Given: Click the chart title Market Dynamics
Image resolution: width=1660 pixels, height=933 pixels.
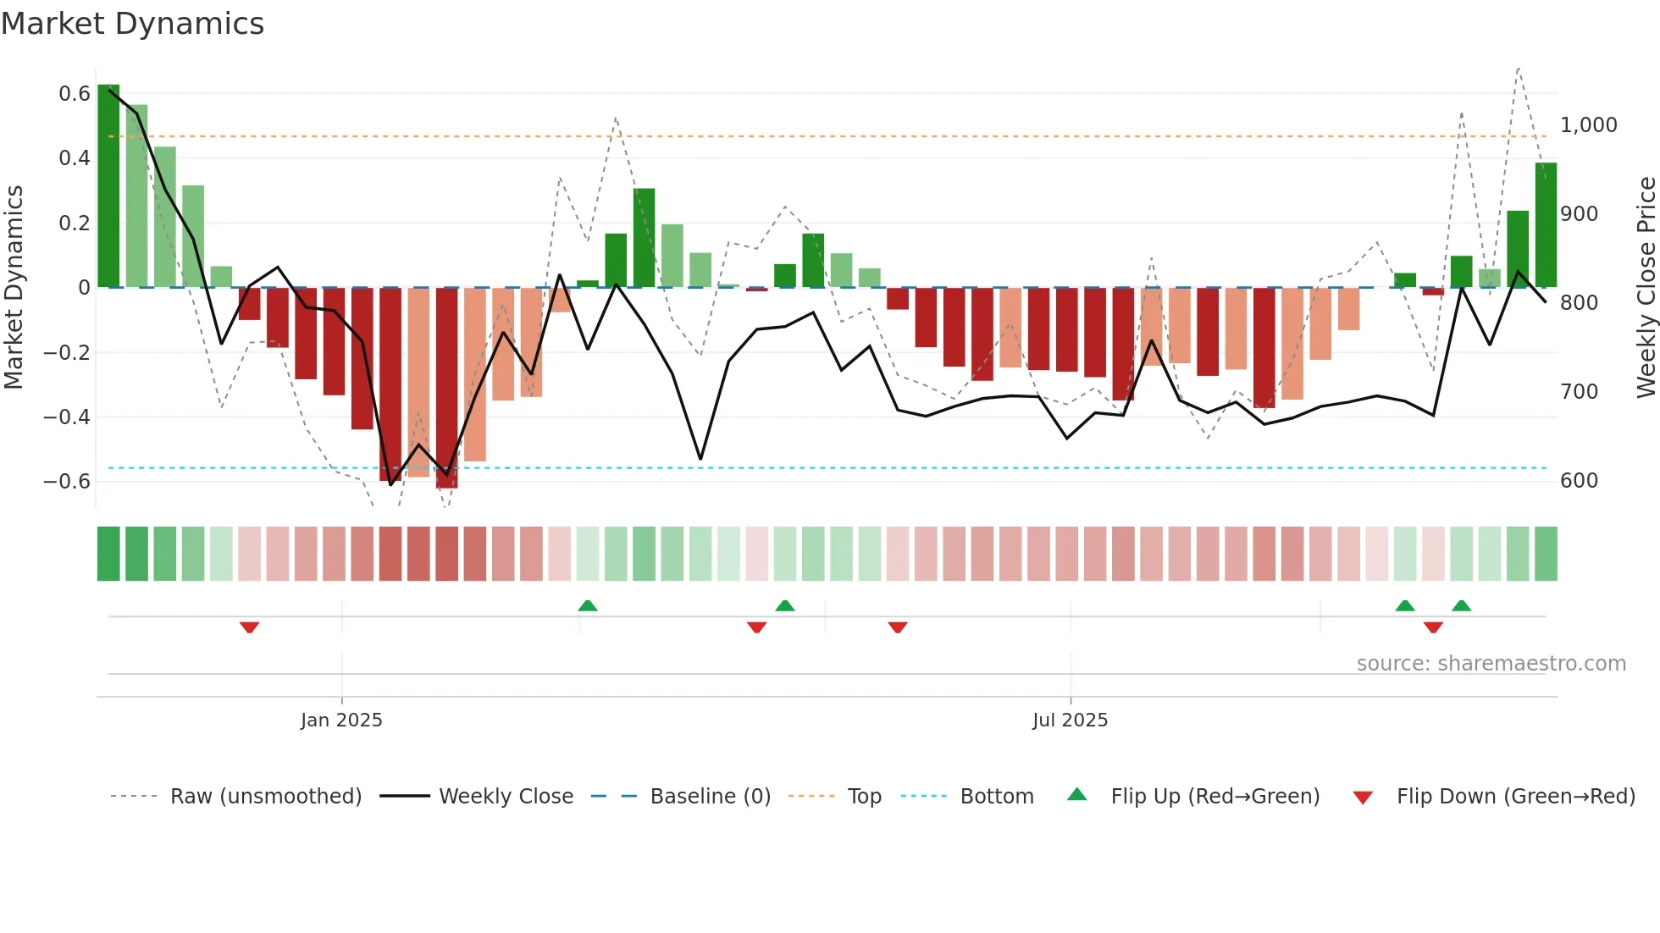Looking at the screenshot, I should pyautogui.click(x=132, y=24).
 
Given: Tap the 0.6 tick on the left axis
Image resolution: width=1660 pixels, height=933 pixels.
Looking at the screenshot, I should pyautogui.click(x=75, y=94).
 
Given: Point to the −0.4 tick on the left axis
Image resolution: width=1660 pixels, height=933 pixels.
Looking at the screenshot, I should pyautogui.click(x=67, y=417).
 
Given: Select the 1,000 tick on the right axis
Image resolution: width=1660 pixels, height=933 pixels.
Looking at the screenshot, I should pyautogui.click(x=1589, y=125).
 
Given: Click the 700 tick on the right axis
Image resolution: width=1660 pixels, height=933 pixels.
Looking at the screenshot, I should pyautogui.click(x=1579, y=392).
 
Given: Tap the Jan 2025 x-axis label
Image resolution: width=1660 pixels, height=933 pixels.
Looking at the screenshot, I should pyautogui.click(x=341, y=720).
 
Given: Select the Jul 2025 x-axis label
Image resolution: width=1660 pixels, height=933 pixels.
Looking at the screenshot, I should pyautogui.click(x=1070, y=720).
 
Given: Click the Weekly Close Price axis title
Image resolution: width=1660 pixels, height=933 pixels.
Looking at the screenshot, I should pyautogui.click(x=1646, y=288).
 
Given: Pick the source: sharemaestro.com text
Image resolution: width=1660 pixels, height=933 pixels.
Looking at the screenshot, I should pyautogui.click(x=1491, y=664).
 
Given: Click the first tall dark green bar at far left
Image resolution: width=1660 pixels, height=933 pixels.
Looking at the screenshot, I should pyautogui.click(x=108, y=186).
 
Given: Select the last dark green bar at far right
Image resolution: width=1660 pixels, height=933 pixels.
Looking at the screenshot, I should pyautogui.click(x=1546, y=225).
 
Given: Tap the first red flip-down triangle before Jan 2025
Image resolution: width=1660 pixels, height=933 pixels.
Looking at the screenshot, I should pyautogui.click(x=249, y=627).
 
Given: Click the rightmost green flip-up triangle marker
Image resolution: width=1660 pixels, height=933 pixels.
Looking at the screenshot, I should pyautogui.click(x=1461, y=605).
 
